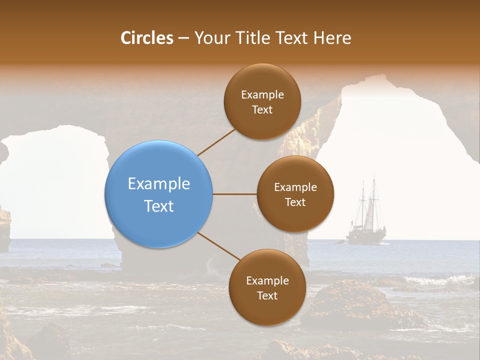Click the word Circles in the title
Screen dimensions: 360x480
pyautogui.click(x=147, y=38)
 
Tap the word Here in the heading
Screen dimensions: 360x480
pyautogui.click(x=332, y=38)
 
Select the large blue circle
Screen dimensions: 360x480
pyautogui.click(x=159, y=194)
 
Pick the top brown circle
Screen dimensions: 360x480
pyautogui.click(x=262, y=101)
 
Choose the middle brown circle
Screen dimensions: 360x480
pyautogui.click(x=295, y=194)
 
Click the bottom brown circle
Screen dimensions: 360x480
pyautogui.click(x=267, y=287)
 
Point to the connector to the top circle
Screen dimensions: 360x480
pyautogui.click(x=216, y=142)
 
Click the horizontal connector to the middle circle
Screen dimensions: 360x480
pyautogui.click(x=234, y=194)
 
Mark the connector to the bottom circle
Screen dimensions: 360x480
pyautogui.click(x=219, y=247)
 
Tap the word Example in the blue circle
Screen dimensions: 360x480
pyautogui.click(x=159, y=183)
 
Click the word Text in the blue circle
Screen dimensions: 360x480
pyautogui.click(x=159, y=206)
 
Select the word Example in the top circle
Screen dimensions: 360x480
pyautogui.click(x=262, y=94)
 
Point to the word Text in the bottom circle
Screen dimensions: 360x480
pyautogui.click(x=267, y=295)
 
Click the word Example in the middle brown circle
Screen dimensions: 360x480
pyautogui.click(x=295, y=187)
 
